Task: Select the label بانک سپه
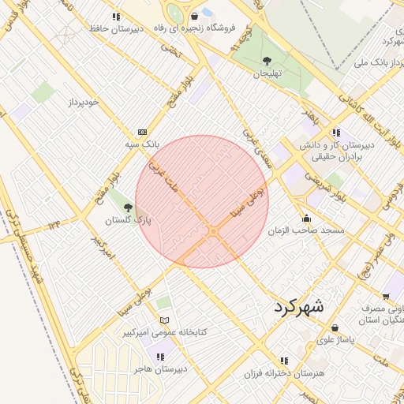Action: (142, 144)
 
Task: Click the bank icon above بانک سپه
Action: (142, 132)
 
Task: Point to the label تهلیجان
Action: (267, 73)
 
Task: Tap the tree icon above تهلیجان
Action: (267, 61)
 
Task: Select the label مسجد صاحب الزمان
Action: (307, 230)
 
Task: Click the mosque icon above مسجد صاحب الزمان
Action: (307, 218)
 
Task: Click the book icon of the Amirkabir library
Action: (164, 320)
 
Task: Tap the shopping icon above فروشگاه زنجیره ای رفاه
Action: (195, 16)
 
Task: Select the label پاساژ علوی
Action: (337, 341)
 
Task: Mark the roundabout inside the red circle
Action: (213, 230)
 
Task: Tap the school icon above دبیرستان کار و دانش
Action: (337, 133)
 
